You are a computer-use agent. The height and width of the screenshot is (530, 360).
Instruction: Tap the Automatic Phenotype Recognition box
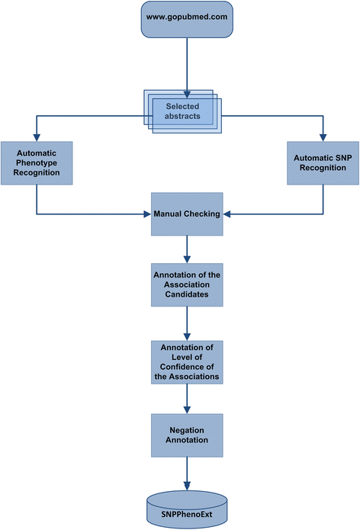pyautogui.click(x=36, y=162)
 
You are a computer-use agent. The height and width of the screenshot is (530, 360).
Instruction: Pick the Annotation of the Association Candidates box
pyautogui.click(x=187, y=284)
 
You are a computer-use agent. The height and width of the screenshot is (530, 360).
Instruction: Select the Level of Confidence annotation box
pyautogui.click(x=187, y=362)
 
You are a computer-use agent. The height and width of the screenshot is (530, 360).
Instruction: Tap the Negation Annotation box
pyautogui.click(x=187, y=435)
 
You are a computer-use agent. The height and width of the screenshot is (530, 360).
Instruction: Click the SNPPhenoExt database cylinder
pyautogui.click(x=187, y=507)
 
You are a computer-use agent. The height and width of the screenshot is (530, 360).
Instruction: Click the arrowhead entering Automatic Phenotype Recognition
pyautogui.click(x=36, y=137)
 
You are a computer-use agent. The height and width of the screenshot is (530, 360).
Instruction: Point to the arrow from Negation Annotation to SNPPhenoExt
pyautogui.click(x=187, y=473)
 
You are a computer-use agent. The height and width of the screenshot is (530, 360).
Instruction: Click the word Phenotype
pyautogui.click(x=37, y=162)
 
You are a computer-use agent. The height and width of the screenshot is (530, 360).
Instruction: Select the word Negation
pyautogui.click(x=187, y=430)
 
